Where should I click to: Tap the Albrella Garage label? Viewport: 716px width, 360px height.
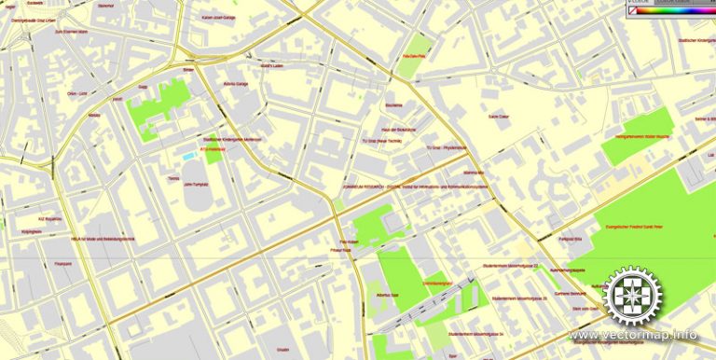(x=235, y=83)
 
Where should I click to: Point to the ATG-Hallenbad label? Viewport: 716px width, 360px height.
(x=213, y=148)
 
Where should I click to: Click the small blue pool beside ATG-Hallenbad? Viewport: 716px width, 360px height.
(x=189, y=157)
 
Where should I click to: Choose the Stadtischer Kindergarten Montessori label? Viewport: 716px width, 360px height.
(x=227, y=138)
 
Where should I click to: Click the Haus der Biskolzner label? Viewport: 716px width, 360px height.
(x=398, y=130)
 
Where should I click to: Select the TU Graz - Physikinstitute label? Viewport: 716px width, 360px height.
(x=446, y=147)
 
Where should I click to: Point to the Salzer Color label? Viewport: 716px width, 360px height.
(x=499, y=117)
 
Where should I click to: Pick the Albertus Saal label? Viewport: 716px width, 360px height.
(x=387, y=294)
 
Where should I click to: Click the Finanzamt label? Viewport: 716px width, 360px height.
(x=63, y=264)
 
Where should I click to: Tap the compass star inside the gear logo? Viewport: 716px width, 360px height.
(x=633, y=295)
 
